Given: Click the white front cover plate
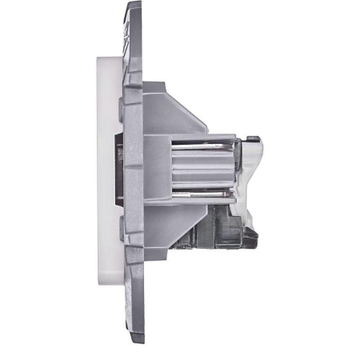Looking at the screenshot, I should click(x=105, y=180).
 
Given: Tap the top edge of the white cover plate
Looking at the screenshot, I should click(x=108, y=58).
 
